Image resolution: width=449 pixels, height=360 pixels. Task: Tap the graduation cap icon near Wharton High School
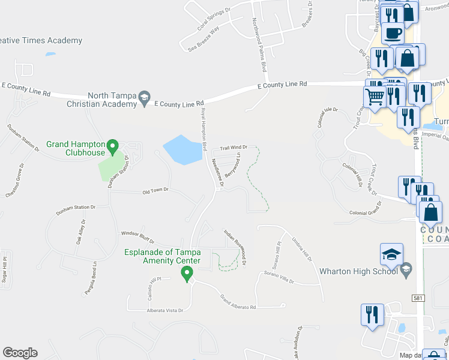click(x=391, y=254)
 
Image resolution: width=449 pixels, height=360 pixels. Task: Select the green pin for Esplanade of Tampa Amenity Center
click(x=187, y=274)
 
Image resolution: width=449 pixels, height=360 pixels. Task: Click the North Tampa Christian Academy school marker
click(x=144, y=97)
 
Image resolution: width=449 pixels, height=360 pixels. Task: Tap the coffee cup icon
click(x=393, y=32)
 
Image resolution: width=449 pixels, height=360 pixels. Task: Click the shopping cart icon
click(x=375, y=96)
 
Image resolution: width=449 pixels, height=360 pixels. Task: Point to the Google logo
click(x=20, y=353)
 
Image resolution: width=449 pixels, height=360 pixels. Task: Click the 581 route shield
click(x=419, y=298)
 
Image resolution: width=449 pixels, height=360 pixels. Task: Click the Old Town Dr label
click(x=156, y=191)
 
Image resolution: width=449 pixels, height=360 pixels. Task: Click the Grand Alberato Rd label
click(x=238, y=302)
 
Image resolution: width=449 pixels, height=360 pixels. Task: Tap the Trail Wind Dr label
click(x=234, y=147)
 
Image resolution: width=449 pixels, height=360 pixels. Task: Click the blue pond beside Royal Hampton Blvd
click(x=182, y=149)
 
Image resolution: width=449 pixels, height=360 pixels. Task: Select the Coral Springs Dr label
click(x=214, y=20)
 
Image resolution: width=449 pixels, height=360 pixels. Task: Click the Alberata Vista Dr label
click(x=164, y=311)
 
